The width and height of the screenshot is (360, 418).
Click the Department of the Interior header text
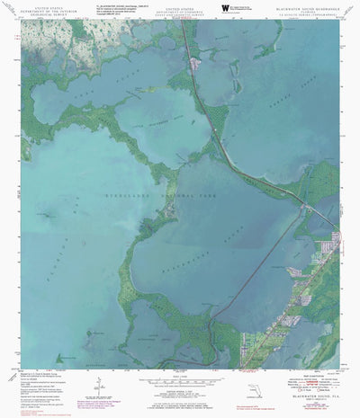click(x=42, y=11)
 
